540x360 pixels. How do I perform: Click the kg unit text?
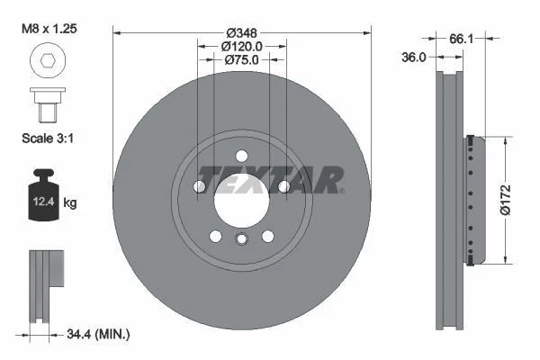70,203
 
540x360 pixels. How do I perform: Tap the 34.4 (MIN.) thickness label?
99,335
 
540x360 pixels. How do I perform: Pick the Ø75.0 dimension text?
242,61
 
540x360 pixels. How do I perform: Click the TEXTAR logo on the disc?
270,179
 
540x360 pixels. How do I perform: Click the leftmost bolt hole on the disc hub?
200,186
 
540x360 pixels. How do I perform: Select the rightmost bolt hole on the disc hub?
283,186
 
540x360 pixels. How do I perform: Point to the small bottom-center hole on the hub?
241,238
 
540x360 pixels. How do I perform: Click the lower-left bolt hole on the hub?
216,235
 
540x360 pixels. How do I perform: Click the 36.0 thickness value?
413,56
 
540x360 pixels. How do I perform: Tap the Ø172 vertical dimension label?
505,200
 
